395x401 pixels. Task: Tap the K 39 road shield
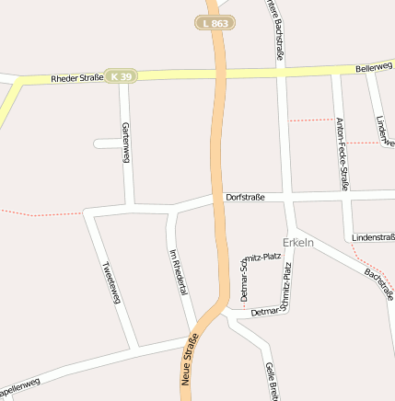click(x=120, y=75)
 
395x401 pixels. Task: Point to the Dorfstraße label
click(x=246, y=197)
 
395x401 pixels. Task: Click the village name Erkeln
click(x=298, y=242)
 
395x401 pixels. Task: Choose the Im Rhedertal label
click(x=179, y=271)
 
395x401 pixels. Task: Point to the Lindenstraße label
click(x=373, y=237)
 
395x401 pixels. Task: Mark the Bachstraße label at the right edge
click(x=379, y=283)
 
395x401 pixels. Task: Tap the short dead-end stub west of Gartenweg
click(x=109, y=143)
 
